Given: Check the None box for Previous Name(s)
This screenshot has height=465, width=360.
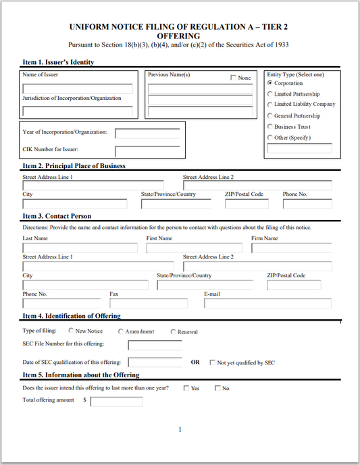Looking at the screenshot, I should coord(234,78).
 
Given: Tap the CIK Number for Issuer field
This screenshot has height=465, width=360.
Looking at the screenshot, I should coord(147,151).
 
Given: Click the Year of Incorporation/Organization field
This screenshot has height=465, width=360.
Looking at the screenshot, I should coord(147,133).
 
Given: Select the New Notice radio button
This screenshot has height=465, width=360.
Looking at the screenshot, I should coord(70,331).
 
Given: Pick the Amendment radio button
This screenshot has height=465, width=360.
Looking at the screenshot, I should coord(121,331).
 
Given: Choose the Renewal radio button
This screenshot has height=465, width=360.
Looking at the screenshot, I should coord(173,332).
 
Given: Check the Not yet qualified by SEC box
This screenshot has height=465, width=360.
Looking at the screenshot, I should coord(212,362).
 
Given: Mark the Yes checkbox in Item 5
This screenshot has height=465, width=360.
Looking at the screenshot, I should coord(186,388).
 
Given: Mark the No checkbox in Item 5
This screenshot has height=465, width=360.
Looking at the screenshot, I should coord(217,388).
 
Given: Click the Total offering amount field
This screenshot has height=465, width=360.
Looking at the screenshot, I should coord(116,402).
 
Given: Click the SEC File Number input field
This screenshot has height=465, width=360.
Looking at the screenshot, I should coord(154,346).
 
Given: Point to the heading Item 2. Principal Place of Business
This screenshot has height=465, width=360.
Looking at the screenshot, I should coord(74,166).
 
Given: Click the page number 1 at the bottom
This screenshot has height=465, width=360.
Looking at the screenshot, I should coord(180,429).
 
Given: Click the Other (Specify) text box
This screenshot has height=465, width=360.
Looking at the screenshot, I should coord(300,148).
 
